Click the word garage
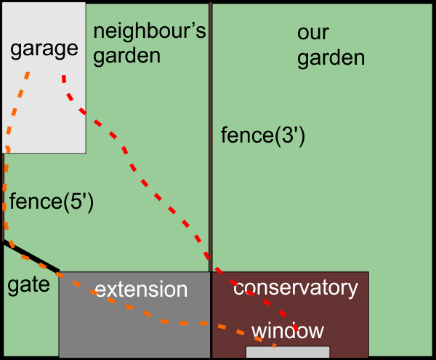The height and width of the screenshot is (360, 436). tap(44, 49)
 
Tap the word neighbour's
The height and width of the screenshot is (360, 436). tap(150, 32)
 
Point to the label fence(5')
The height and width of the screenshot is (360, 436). tap(51, 201)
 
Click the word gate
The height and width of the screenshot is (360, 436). tap(28, 284)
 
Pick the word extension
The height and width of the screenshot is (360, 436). tap(141, 289)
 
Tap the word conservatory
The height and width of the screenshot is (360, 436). tap(296, 287)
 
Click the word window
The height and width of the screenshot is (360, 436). tap(287, 331)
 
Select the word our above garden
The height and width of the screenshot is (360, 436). tap(313, 33)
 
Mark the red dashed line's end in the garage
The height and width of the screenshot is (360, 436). tap(64, 76)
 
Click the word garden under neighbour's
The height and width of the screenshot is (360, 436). tap(126, 57)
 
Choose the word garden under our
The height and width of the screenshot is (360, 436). tap(331, 57)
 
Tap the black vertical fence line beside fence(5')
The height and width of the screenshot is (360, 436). tap(4, 196)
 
